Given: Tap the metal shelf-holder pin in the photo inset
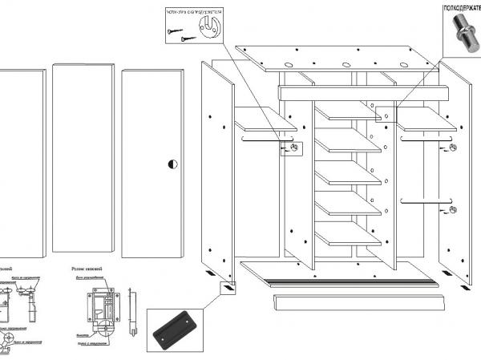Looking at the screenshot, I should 463,30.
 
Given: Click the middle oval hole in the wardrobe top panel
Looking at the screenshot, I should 347,65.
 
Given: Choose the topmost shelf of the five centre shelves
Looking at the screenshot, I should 349,112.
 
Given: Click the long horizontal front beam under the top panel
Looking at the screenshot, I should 361,92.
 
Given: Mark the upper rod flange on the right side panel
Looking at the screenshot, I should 454,149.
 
